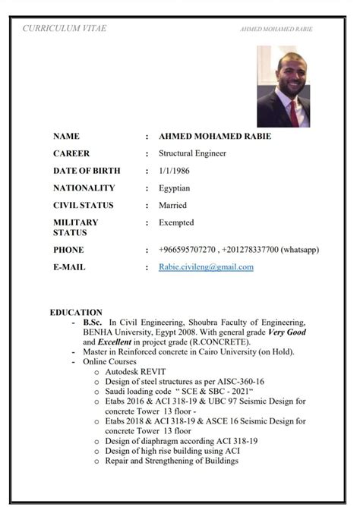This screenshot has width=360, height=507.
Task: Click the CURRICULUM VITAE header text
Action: click(64, 28)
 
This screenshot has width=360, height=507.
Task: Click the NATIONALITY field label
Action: click(84, 187)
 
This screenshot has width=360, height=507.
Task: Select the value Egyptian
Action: click(174, 187)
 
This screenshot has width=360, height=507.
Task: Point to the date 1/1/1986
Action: click(175, 171)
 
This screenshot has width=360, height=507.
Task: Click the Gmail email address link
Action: click(206, 267)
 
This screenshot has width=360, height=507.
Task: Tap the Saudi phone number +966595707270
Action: click(188, 250)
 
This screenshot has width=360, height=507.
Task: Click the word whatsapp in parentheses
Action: click(299, 250)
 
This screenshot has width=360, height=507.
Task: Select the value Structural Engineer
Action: click(192, 153)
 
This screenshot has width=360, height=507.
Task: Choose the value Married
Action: click(173, 205)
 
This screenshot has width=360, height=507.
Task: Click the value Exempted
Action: click(176, 222)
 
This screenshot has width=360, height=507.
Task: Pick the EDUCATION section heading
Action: click(76, 312)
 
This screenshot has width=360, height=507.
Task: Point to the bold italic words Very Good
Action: click(283, 332)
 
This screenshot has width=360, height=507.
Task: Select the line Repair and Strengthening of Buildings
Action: click(171, 460)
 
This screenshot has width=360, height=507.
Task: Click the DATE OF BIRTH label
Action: click(87, 171)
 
